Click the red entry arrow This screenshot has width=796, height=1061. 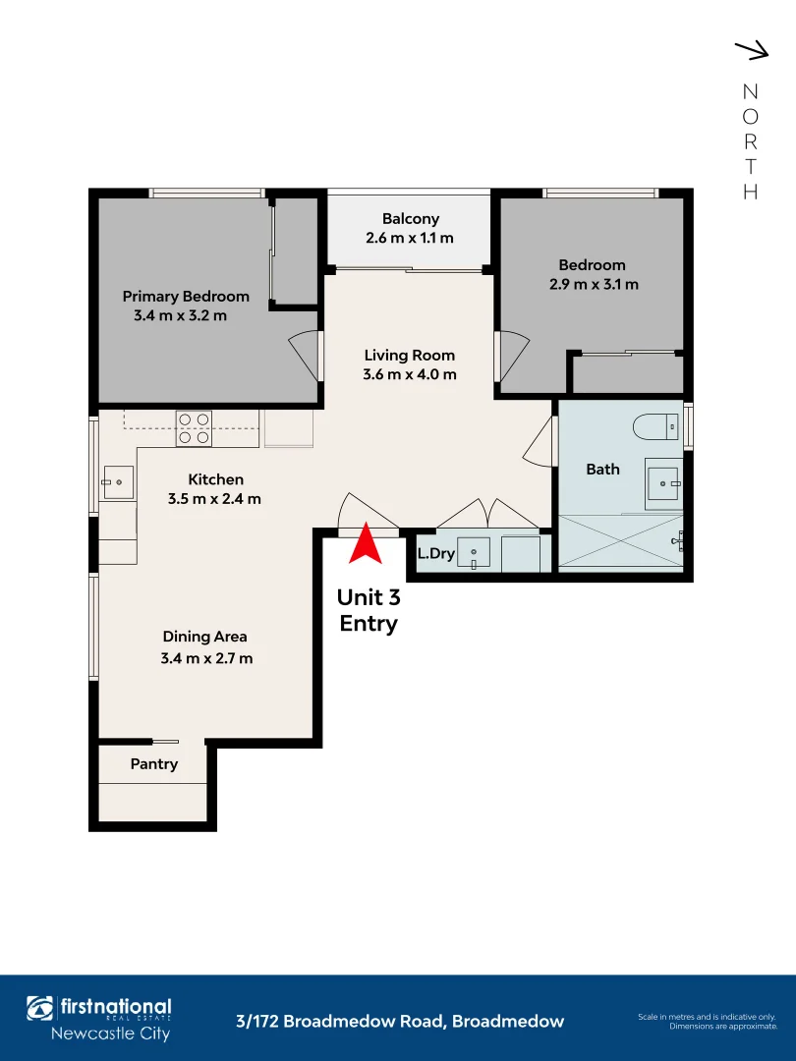(366, 545)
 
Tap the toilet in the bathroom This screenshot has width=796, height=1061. (656, 426)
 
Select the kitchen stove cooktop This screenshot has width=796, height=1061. (194, 429)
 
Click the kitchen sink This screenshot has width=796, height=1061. (117, 481)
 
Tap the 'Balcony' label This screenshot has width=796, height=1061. (411, 219)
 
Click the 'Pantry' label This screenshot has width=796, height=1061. (154, 764)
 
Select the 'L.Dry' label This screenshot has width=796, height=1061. (435, 554)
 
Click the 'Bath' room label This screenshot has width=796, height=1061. (602, 470)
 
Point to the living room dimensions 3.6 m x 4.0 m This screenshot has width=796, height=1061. (410, 374)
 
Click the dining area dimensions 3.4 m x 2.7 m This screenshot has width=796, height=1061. (206, 658)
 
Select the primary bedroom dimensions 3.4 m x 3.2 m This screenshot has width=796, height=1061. (180, 316)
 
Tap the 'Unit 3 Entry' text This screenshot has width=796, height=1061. (368, 610)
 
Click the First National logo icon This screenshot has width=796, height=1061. (40, 1008)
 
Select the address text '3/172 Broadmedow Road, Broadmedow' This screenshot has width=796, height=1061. (400, 1022)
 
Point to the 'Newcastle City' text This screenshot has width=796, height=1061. (110, 1033)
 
